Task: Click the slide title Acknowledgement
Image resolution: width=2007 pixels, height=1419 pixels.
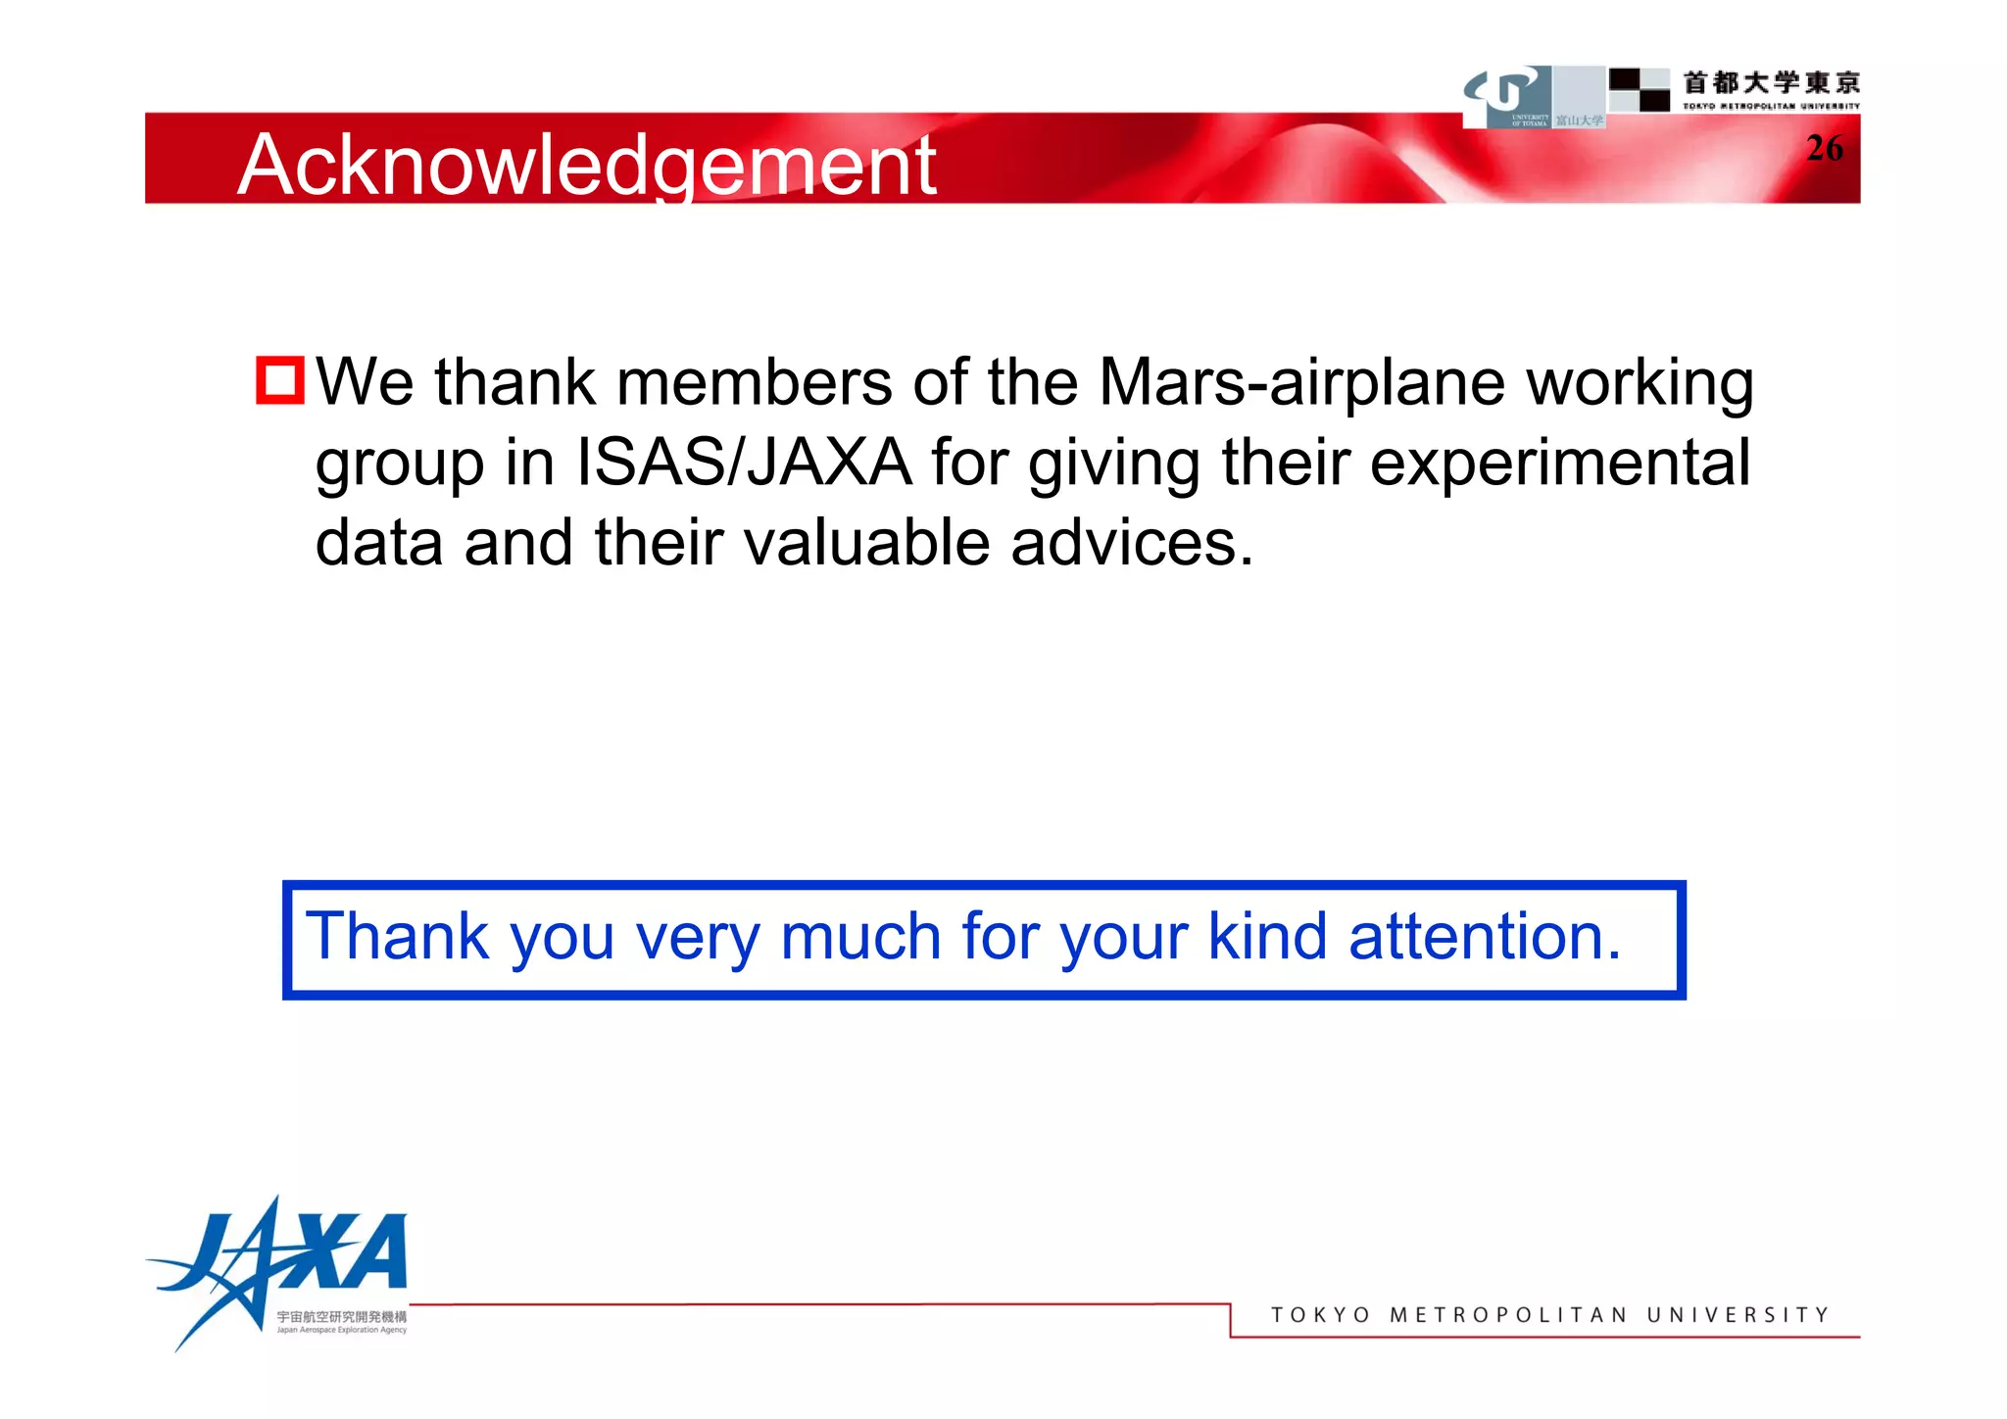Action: [586, 165]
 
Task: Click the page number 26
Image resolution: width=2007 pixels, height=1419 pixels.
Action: [1824, 148]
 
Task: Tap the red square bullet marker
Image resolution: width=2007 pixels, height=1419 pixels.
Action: [279, 380]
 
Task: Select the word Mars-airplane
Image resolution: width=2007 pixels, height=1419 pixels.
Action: [1301, 381]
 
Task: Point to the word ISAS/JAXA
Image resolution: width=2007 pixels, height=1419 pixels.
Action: [744, 463]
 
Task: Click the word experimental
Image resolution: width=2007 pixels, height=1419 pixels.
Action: [1559, 463]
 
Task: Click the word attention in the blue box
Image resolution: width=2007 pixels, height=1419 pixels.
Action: [1485, 937]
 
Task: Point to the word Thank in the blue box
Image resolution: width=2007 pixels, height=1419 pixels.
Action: [397, 937]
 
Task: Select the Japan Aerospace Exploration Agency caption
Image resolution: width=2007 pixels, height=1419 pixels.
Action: [341, 1330]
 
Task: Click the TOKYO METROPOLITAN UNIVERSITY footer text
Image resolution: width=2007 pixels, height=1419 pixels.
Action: [1549, 1315]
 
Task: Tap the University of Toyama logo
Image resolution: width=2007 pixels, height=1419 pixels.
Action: [1508, 96]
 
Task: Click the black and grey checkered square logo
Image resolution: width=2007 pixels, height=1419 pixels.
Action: [1639, 89]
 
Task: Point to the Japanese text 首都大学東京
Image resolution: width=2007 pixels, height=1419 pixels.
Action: [1771, 82]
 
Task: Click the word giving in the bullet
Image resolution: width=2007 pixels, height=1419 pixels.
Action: [1114, 465]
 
